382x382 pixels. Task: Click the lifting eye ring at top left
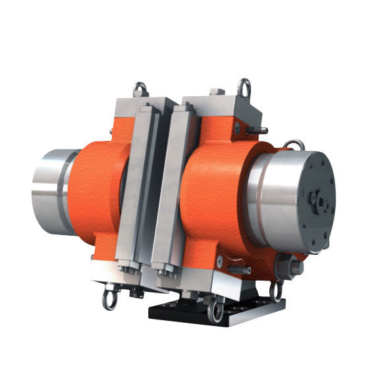click(140, 88)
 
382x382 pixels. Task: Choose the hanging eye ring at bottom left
click(108, 300)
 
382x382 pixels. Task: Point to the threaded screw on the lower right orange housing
click(244, 270)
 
